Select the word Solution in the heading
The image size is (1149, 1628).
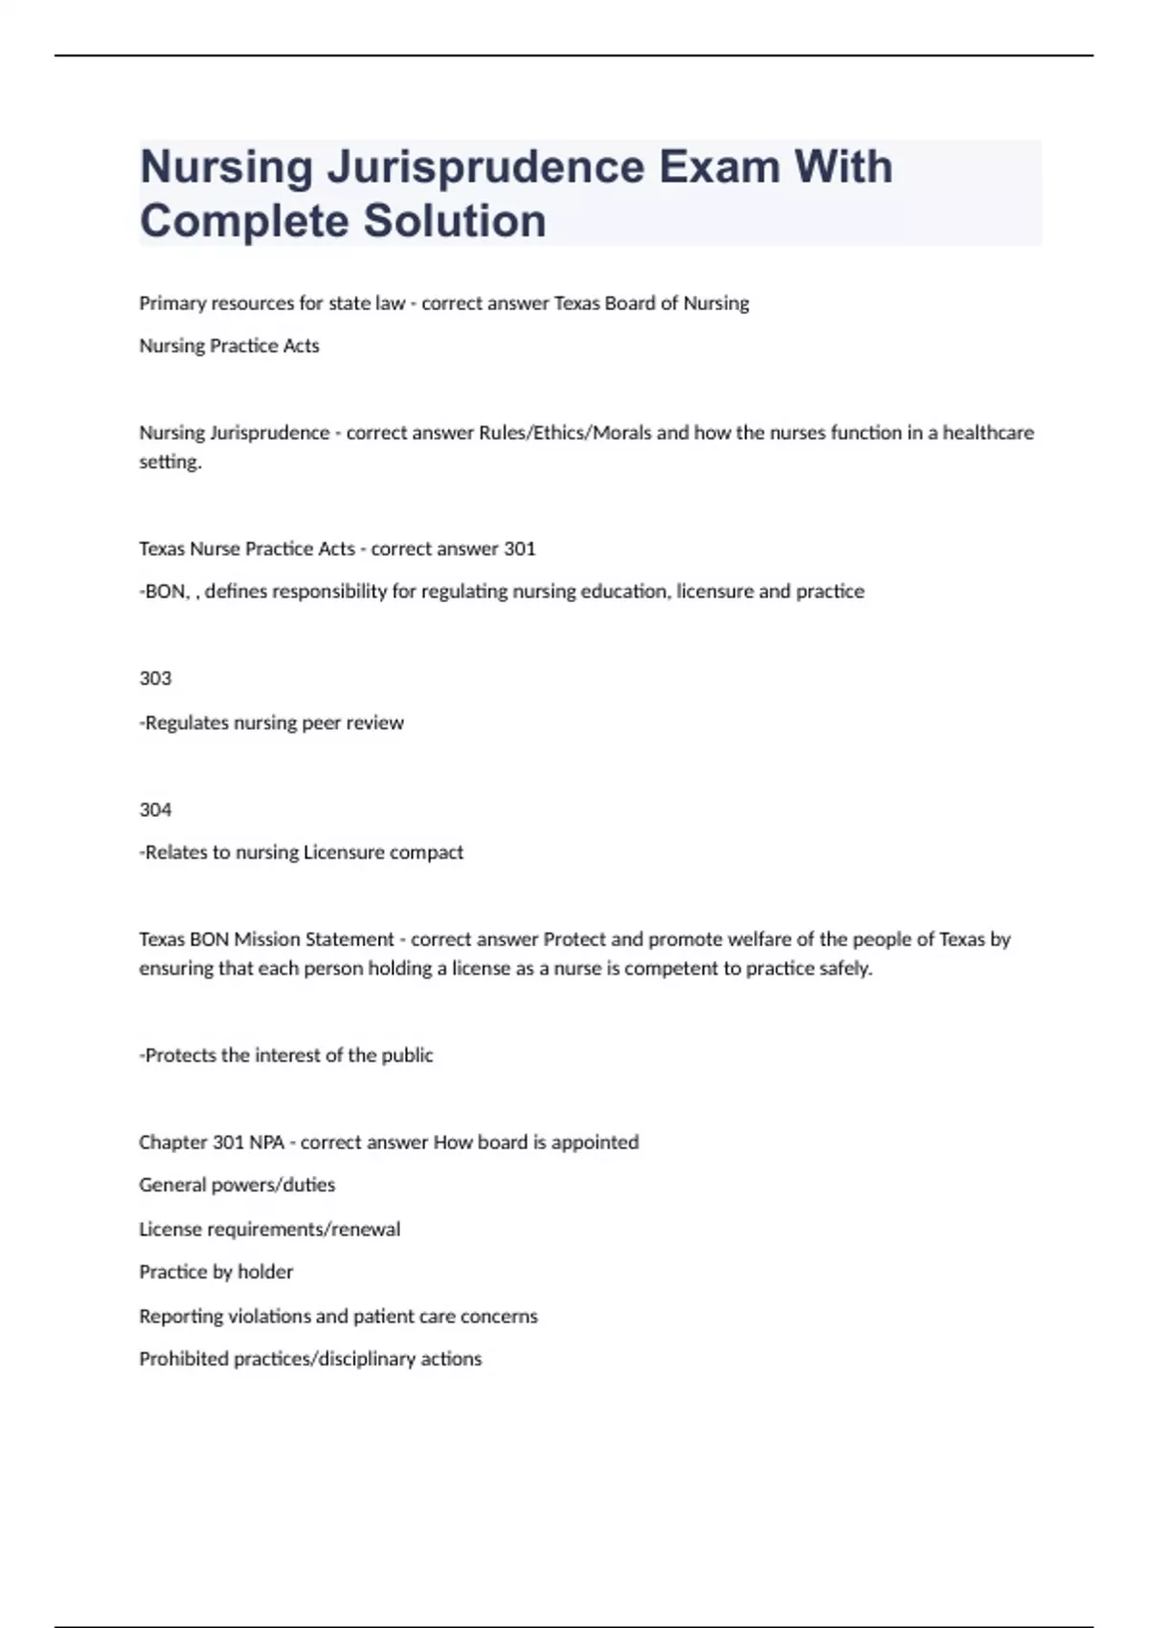pyautogui.click(x=455, y=221)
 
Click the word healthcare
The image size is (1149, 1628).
pyautogui.click(x=988, y=433)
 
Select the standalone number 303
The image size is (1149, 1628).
pyautogui.click(x=155, y=679)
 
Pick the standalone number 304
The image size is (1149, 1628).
pyautogui.click(x=155, y=810)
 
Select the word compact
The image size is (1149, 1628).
pyautogui.click(x=427, y=852)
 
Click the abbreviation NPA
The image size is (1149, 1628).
pyautogui.click(x=266, y=1142)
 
